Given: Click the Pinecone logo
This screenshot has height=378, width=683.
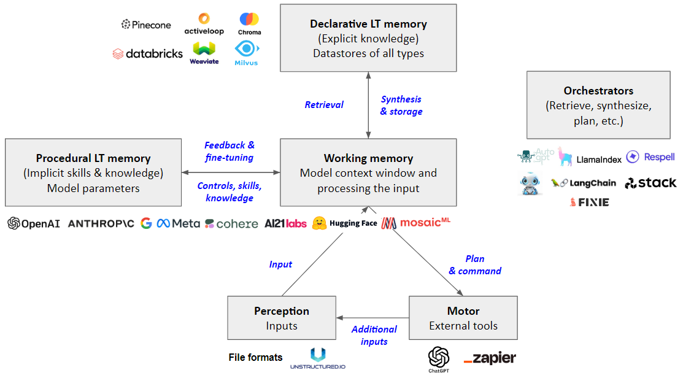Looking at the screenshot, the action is (x=146, y=25).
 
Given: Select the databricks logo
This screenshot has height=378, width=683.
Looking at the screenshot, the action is (x=148, y=53).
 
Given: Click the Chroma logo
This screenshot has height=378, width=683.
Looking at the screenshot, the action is (x=249, y=24).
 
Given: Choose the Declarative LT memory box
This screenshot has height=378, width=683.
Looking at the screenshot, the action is (x=368, y=38).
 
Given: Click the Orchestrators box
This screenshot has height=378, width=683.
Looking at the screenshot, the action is (x=598, y=105).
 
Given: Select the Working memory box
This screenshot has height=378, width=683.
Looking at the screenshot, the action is (x=368, y=172).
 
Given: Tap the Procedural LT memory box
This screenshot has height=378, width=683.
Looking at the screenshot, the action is (x=93, y=172).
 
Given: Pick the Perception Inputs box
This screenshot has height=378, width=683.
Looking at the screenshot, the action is (x=282, y=318).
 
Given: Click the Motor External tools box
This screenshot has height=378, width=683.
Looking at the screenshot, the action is (x=463, y=318).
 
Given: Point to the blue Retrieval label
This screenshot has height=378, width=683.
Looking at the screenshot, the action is (x=323, y=104).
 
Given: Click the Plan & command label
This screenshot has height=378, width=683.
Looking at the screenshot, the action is (x=475, y=264).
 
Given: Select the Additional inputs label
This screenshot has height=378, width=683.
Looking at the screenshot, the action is (x=374, y=335).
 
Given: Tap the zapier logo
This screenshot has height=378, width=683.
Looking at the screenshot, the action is (x=490, y=358).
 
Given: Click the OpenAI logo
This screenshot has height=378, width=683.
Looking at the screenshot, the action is (x=34, y=223).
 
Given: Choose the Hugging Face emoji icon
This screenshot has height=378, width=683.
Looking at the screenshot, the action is (x=319, y=223).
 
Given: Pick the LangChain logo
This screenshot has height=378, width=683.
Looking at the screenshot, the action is (x=583, y=183).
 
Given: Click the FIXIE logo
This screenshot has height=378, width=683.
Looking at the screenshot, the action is (x=589, y=202).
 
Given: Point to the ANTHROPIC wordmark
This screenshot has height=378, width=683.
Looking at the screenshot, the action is (x=101, y=224).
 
